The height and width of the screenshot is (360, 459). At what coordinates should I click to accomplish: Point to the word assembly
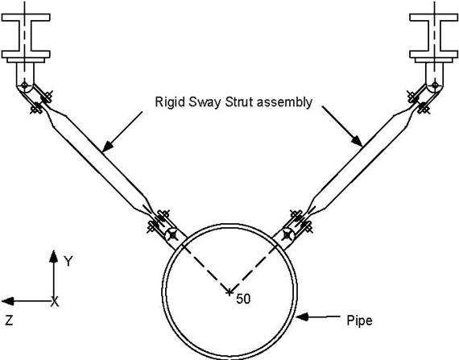point(284,103)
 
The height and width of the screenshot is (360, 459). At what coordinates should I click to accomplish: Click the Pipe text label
point(359,321)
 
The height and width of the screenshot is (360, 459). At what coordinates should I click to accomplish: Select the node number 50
point(243,299)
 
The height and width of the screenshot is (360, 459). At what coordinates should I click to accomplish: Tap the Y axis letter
point(68,261)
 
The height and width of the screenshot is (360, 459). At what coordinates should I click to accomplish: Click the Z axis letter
point(9,321)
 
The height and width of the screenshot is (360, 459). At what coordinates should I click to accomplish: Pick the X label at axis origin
point(55,301)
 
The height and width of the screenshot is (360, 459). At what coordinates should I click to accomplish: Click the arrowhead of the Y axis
point(54,256)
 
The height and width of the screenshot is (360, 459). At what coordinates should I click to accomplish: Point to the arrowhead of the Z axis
point(8,301)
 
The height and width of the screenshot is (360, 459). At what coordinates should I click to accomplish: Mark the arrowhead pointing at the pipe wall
point(303,317)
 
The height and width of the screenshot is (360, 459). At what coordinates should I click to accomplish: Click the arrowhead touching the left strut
point(107,147)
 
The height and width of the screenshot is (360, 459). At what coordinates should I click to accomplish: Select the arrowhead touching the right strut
point(357,141)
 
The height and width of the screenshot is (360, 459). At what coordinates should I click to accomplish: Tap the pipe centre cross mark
point(229,292)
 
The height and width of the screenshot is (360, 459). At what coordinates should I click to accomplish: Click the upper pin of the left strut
point(25,85)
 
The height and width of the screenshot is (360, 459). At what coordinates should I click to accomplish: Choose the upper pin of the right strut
point(435,85)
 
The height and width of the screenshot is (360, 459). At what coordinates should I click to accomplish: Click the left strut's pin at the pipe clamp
point(172,234)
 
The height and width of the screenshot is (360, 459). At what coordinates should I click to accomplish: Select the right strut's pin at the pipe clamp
point(287,234)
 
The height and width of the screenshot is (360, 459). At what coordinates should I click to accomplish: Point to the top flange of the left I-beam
point(26,17)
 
